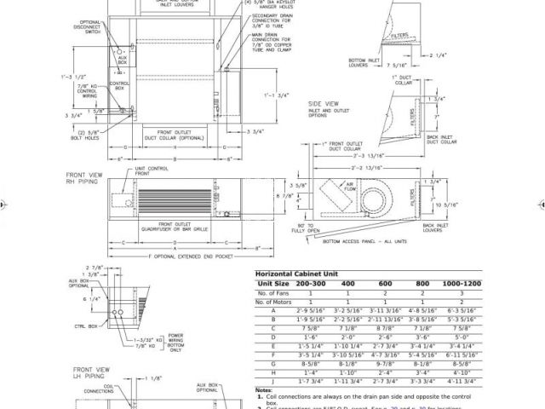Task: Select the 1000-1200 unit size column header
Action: click(x=462, y=283)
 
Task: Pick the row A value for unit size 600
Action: click(x=385, y=310)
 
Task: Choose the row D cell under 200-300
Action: click(x=310, y=337)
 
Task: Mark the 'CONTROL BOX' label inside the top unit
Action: click(x=118, y=85)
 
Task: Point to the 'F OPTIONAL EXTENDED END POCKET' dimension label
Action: click(x=181, y=255)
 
